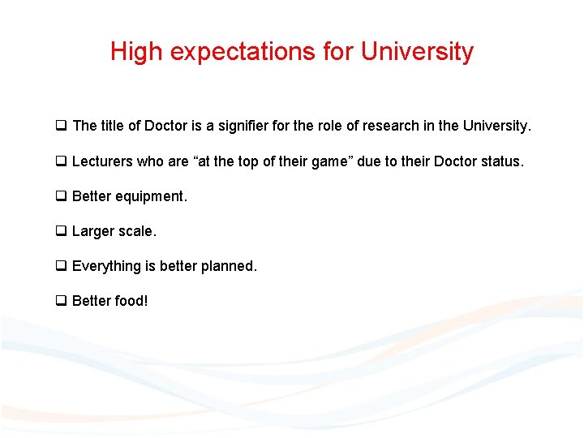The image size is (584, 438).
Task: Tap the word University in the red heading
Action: [x=417, y=52]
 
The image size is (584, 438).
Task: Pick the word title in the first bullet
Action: [x=111, y=126]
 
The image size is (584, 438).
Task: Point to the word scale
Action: [x=137, y=231]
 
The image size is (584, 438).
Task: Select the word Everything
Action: [x=105, y=266]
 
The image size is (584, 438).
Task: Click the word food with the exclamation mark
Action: [x=131, y=301]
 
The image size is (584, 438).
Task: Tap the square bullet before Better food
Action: [x=61, y=301]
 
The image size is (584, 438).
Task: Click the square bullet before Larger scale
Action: [x=61, y=231]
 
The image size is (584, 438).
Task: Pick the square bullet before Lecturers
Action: [x=61, y=161]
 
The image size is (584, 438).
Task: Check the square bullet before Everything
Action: [x=61, y=266]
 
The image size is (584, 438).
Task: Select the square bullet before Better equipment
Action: [x=61, y=196]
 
